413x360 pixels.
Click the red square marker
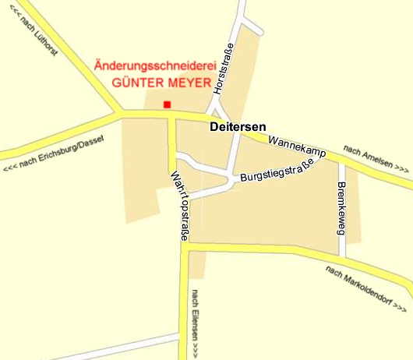point(166,104)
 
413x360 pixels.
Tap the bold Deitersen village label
point(238,126)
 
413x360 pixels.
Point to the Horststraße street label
point(223,69)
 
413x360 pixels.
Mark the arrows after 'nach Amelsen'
point(402,168)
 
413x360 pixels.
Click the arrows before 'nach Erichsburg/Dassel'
point(11,168)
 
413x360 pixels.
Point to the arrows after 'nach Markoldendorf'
point(398,305)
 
